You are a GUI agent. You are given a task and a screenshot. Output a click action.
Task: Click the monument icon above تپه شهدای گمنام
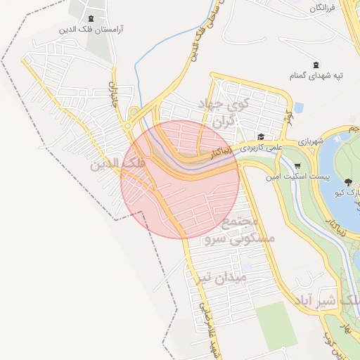point(315,65)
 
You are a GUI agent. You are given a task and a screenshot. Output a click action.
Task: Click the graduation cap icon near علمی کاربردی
point(261,137)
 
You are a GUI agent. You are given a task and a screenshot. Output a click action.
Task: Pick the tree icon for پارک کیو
point(349,182)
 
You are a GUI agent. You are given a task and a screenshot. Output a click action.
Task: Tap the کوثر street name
point(288,116)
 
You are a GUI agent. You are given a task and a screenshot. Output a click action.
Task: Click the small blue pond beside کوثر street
point(299,108)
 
